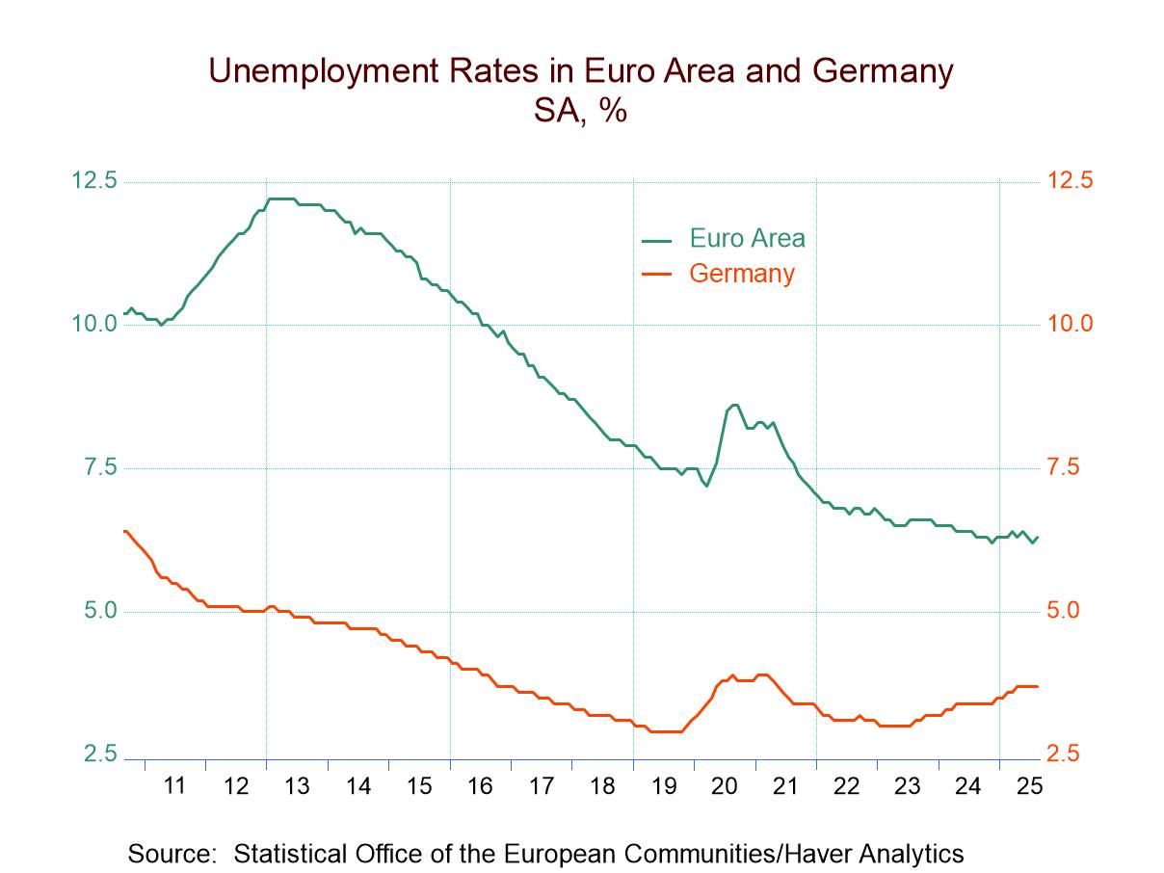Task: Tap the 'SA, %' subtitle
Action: [x=581, y=110]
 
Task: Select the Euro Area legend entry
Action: [x=746, y=238]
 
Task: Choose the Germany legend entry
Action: [x=741, y=274]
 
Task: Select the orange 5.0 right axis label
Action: [x=1070, y=611]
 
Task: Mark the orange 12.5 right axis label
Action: [x=1070, y=181]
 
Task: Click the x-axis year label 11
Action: [x=174, y=786]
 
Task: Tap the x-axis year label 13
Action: [x=297, y=786]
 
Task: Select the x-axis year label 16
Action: [x=480, y=786]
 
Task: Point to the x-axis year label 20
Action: [x=724, y=786]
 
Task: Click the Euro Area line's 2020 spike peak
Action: [x=734, y=405]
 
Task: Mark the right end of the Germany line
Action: [x=1037, y=686]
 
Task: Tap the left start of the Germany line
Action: [x=124, y=531]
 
